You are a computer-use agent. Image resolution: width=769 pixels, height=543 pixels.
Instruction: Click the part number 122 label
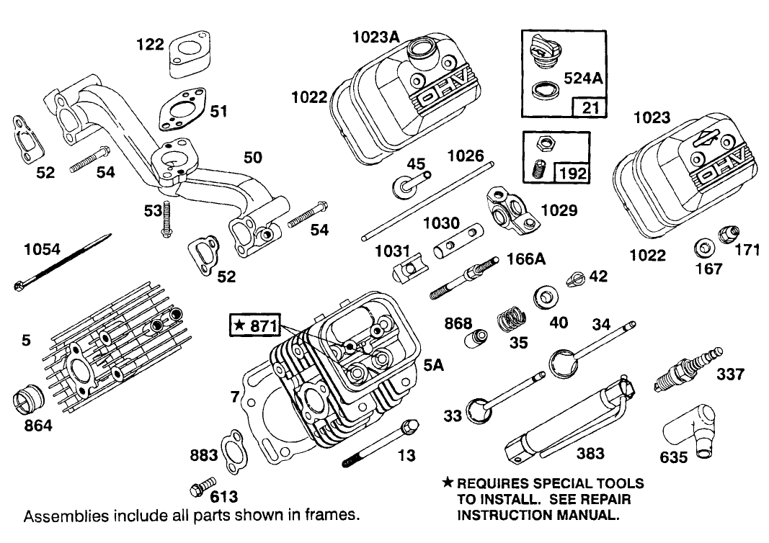(x=150, y=45)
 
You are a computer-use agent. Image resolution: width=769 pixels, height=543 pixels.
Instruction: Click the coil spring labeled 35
(x=512, y=318)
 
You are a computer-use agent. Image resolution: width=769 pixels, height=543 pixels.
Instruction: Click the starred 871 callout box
(x=255, y=325)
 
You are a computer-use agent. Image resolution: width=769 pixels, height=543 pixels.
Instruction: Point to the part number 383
(x=590, y=453)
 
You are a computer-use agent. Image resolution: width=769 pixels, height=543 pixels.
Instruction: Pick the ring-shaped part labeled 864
(x=31, y=400)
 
